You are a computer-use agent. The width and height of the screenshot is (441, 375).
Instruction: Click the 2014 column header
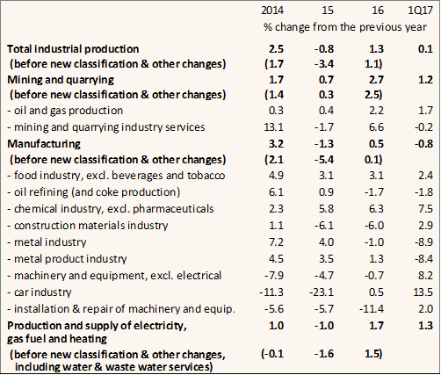(272, 11)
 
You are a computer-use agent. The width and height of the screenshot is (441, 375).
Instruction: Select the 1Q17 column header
(420, 11)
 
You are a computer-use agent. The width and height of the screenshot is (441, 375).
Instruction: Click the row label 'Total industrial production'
(73, 49)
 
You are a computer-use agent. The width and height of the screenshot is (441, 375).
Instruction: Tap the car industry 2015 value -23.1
(322, 292)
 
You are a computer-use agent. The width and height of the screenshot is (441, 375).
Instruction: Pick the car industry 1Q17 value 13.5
(423, 292)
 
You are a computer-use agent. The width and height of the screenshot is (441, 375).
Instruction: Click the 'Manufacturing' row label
(44, 144)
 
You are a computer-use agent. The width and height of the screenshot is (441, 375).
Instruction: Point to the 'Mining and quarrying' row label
(61, 80)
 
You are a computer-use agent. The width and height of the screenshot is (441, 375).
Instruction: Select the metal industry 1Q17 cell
(423, 242)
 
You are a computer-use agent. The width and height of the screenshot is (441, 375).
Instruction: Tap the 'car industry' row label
(40, 292)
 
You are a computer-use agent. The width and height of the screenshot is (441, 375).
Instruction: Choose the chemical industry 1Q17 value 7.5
(426, 209)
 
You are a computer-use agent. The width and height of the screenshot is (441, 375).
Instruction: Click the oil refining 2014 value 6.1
(276, 192)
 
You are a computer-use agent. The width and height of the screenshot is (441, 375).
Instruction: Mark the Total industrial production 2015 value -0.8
(324, 49)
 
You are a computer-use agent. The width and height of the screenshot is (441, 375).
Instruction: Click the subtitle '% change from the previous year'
(345, 27)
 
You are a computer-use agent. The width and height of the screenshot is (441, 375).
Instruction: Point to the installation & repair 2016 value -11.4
(372, 309)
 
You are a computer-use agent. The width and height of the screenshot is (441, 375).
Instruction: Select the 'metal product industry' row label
(67, 259)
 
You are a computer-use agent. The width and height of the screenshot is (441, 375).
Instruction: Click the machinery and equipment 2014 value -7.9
(274, 276)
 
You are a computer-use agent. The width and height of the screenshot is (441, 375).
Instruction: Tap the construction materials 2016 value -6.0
(374, 226)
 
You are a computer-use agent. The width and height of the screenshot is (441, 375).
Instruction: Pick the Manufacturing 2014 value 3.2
(276, 144)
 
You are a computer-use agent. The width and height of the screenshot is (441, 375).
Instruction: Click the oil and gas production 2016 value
(376, 111)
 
